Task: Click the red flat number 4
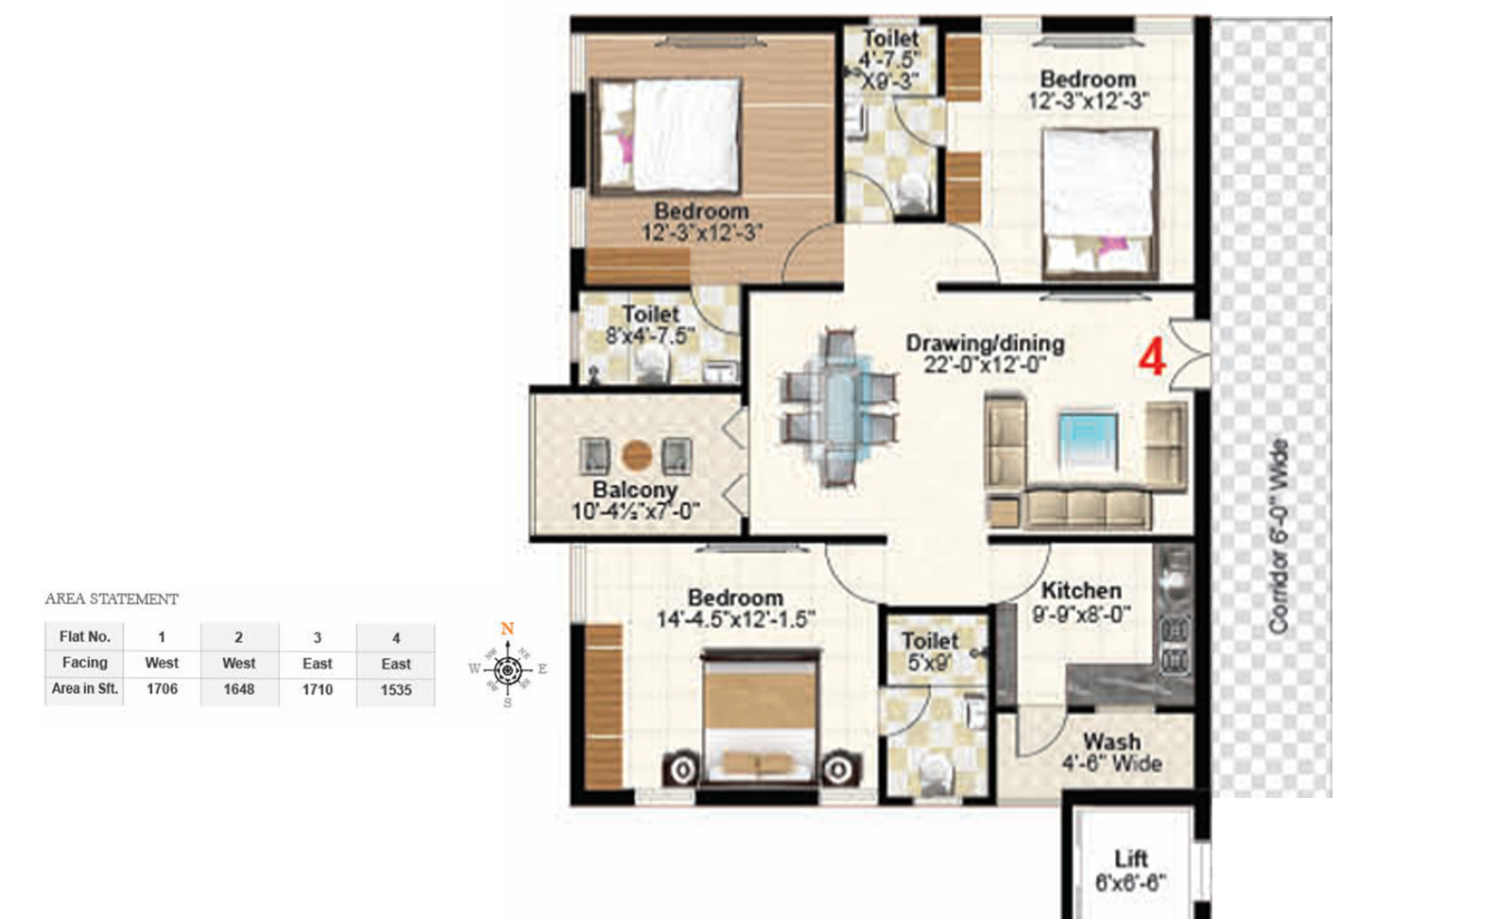click(x=1152, y=358)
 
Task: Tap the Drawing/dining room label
click(x=985, y=343)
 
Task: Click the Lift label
click(x=1130, y=858)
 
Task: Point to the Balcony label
click(x=634, y=490)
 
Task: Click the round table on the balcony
click(x=637, y=456)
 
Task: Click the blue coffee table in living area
click(x=1088, y=440)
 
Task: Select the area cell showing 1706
click(x=162, y=689)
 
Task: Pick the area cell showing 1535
click(x=396, y=690)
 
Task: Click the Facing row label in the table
click(x=85, y=663)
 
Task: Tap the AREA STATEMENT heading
click(x=112, y=598)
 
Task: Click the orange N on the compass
click(x=507, y=629)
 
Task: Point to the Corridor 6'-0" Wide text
click(x=1278, y=536)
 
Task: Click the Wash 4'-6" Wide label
click(x=1111, y=753)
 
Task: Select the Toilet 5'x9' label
click(x=929, y=651)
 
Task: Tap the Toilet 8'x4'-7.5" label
click(x=650, y=324)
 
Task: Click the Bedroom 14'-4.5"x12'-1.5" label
click(x=735, y=608)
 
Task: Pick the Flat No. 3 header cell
click(x=318, y=637)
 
